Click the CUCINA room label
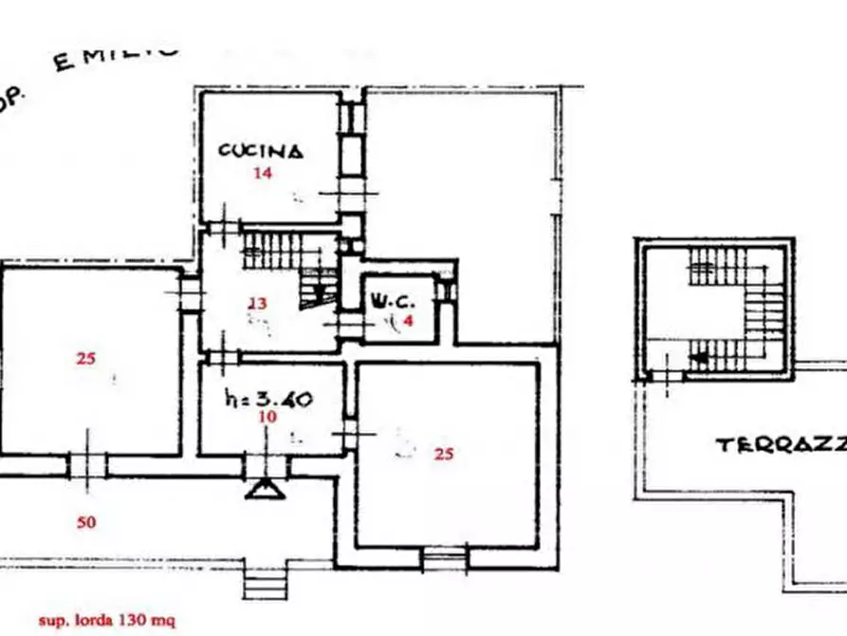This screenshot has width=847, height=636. (261, 150)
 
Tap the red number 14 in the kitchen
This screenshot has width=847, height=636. (262, 174)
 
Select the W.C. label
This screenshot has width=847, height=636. (391, 302)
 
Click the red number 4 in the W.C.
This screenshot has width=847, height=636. (409, 322)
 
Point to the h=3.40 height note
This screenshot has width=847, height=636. (269, 400)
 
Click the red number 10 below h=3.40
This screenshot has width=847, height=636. (268, 417)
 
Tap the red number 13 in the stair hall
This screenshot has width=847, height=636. (257, 304)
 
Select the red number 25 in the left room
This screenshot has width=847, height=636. (86, 359)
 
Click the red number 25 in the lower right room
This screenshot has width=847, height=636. (443, 454)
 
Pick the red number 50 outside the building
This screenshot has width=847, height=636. (86, 521)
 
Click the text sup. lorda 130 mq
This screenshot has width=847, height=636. (106, 622)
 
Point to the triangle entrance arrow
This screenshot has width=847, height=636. (264, 489)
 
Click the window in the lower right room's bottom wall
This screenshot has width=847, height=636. (444, 559)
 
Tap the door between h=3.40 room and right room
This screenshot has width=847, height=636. (349, 436)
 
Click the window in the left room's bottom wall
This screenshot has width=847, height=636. (87, 464)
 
